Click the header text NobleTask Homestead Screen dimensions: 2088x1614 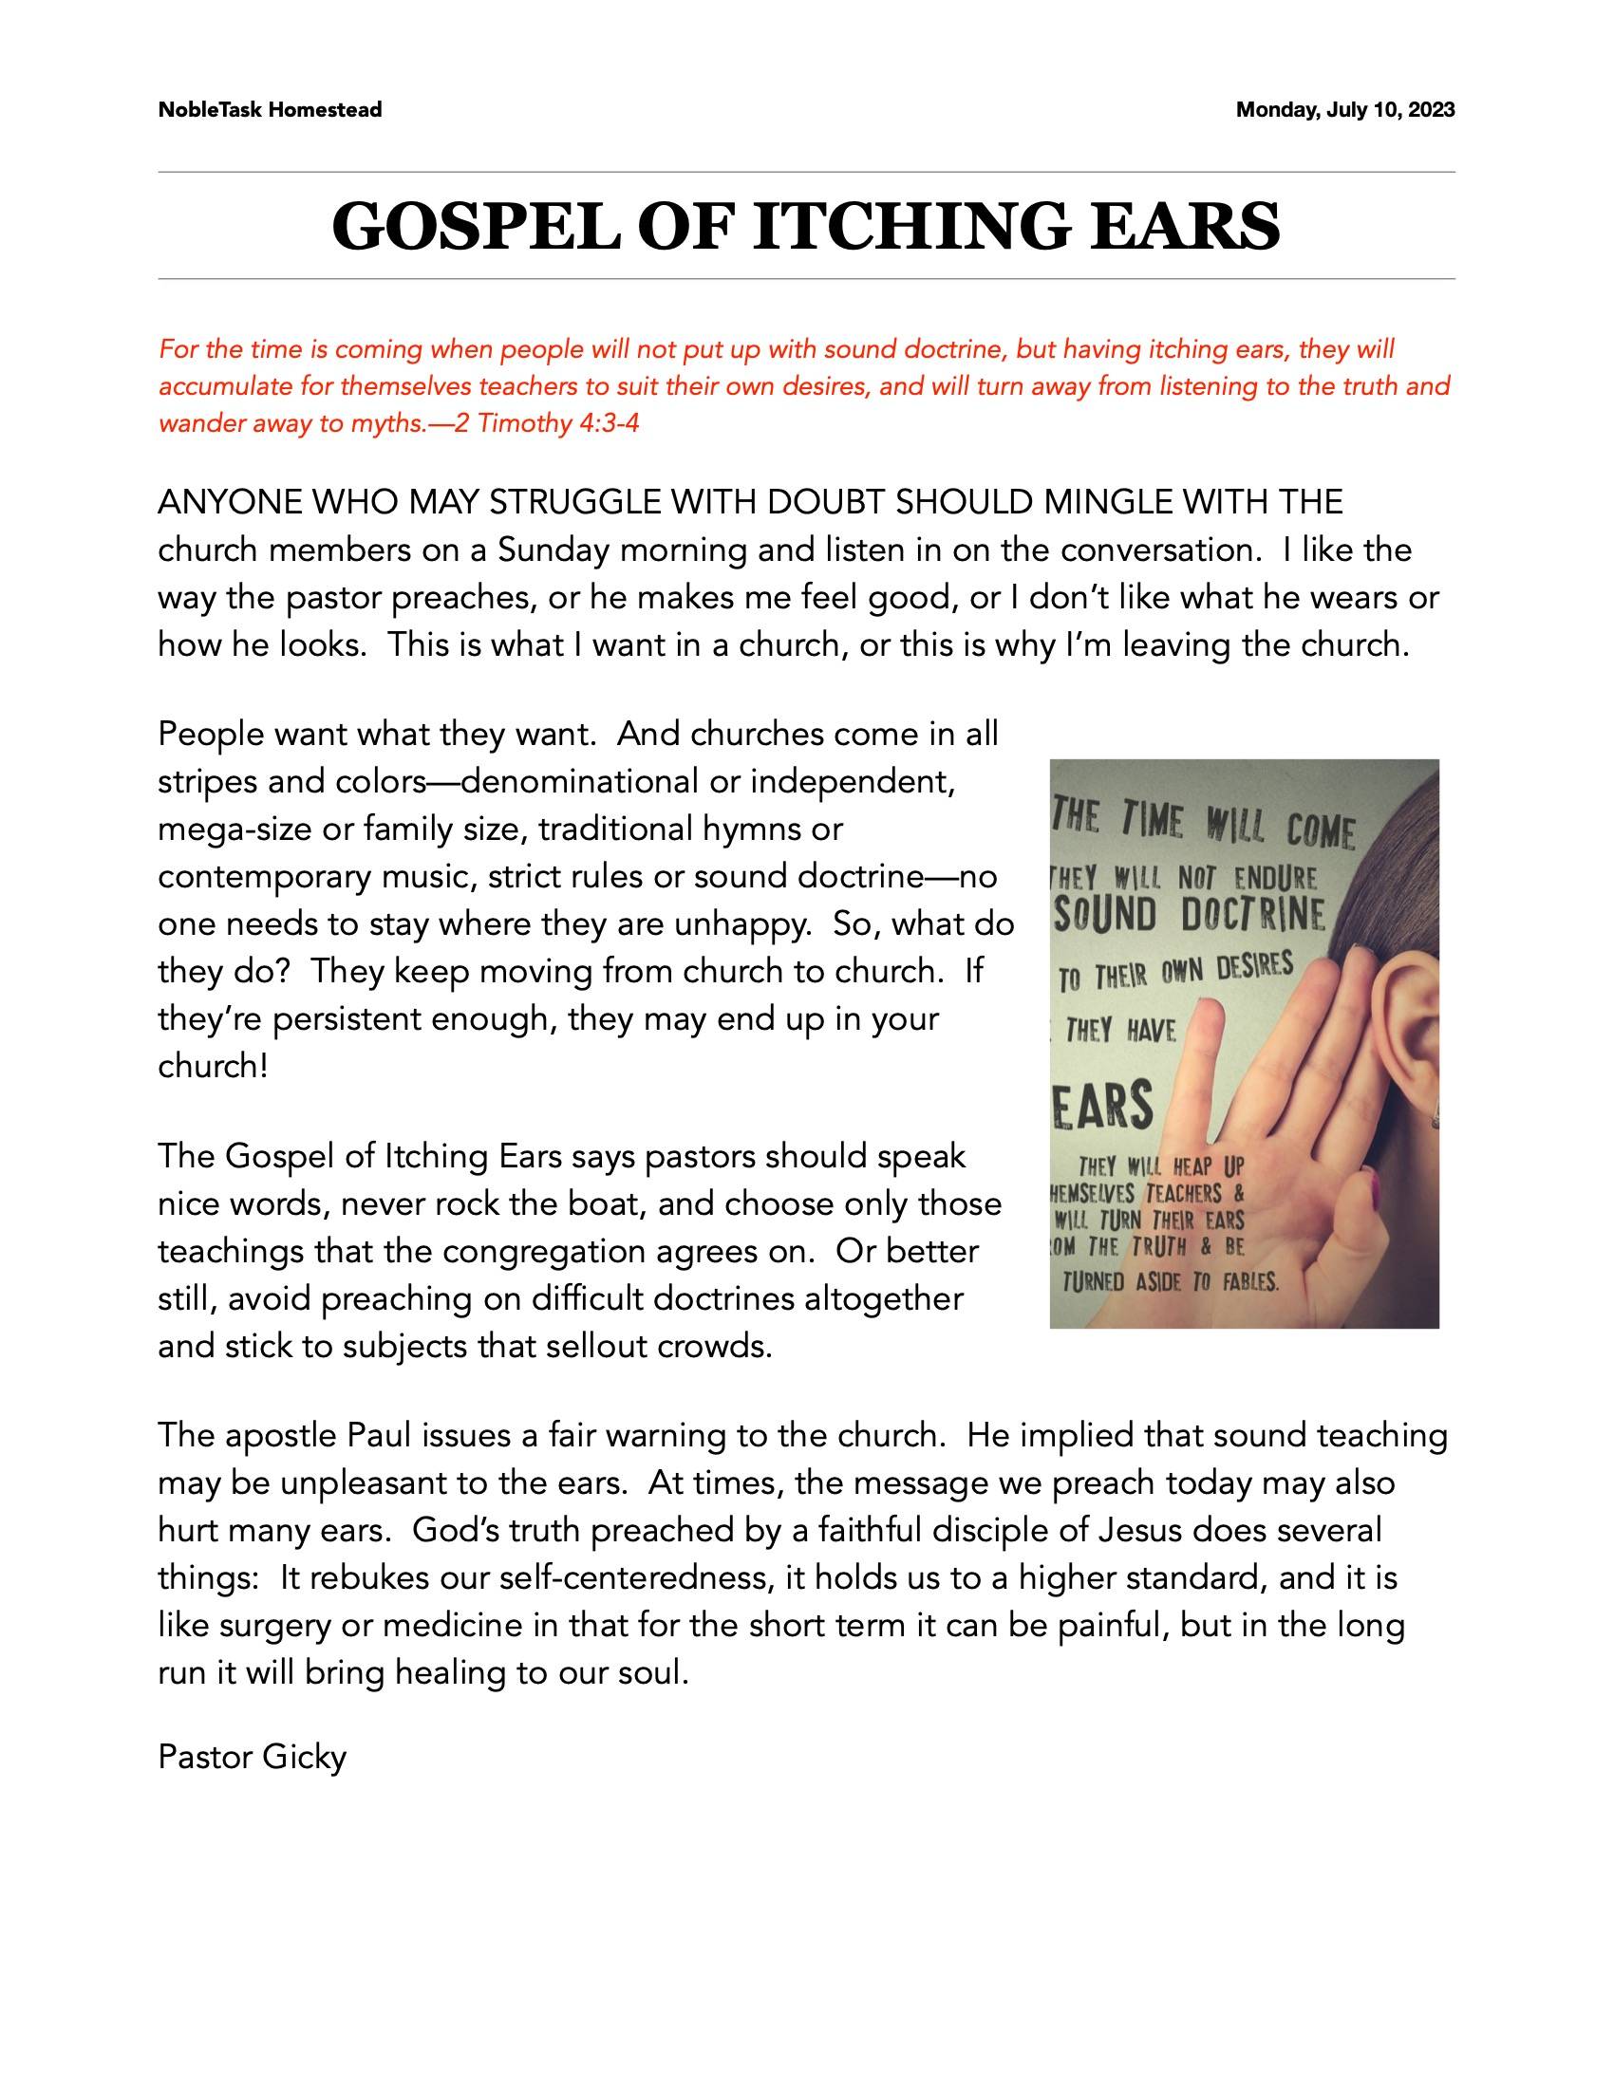tap(270, 110)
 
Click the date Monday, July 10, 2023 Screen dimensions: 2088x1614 tap(1345, 110)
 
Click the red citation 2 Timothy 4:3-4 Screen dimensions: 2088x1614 tap(546, 423)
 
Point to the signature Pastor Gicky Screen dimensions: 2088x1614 tap(252, 1757)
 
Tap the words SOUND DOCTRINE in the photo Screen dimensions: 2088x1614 tap(1190, 916)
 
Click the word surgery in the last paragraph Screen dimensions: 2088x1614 tap(274, 1625)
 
